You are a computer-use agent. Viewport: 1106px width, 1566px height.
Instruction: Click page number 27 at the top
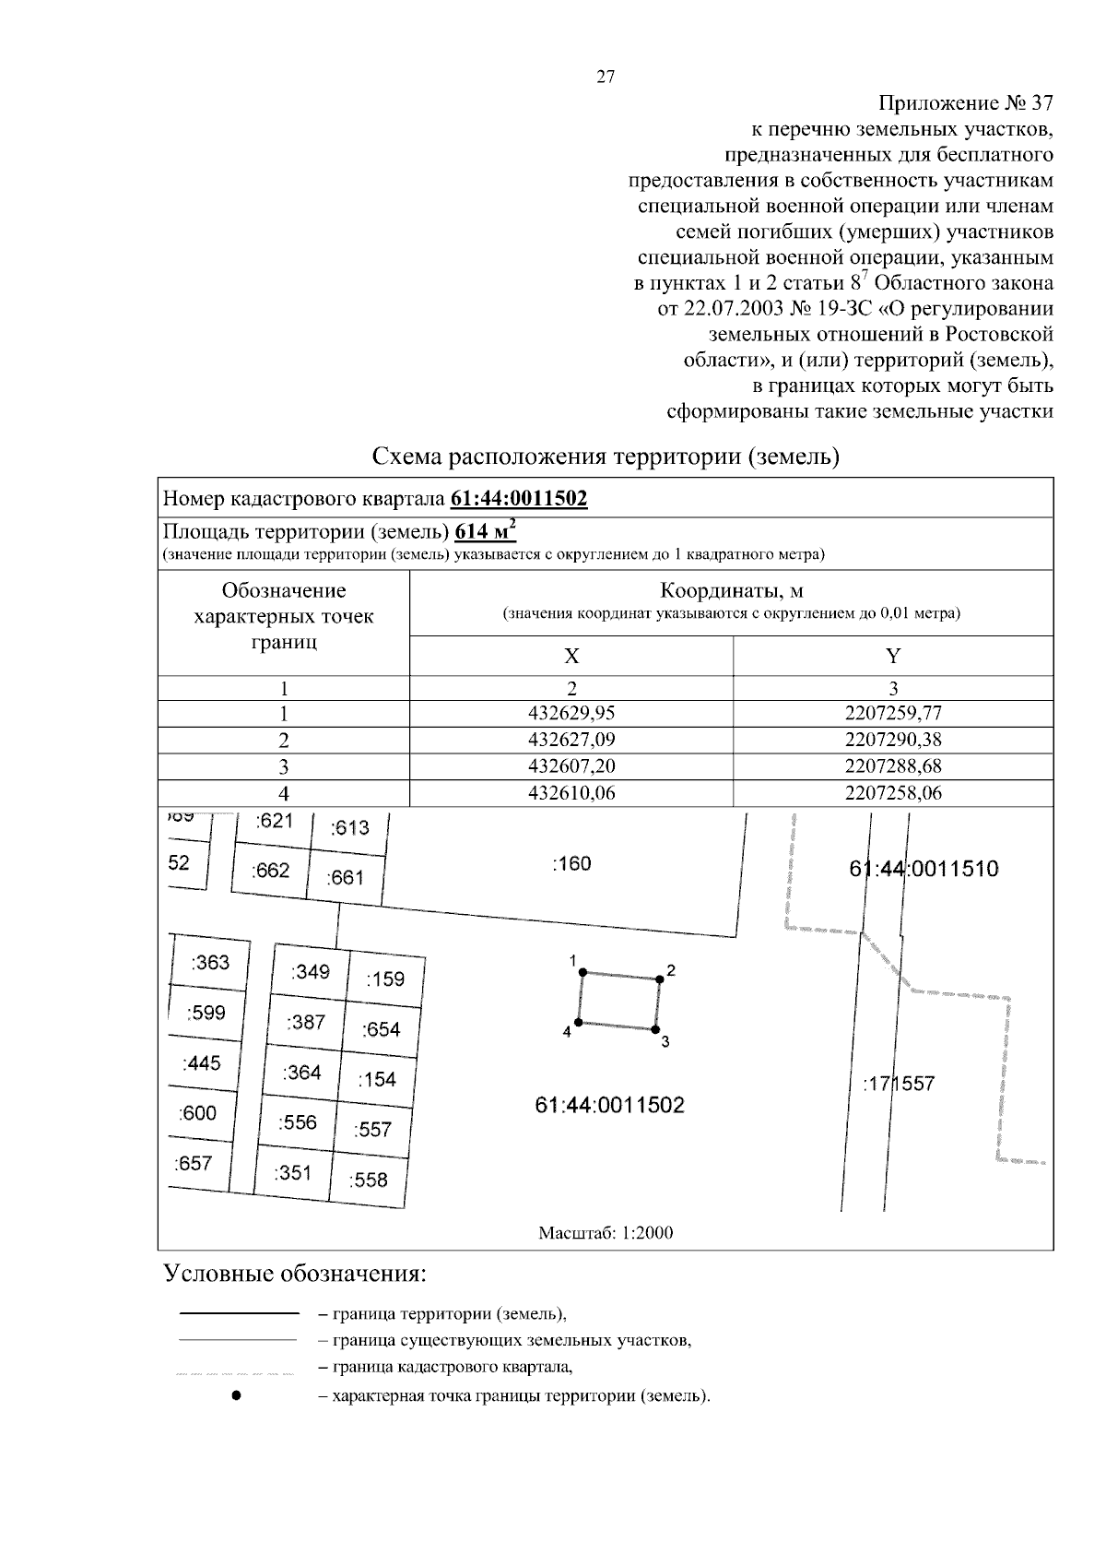pyautogui.click(x=606, y=77)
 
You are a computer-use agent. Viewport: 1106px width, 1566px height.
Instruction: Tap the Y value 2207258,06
pyautogui.click(x=892, y=792)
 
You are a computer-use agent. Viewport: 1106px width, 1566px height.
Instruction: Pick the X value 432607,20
pyautogui.click(x=571, y=766)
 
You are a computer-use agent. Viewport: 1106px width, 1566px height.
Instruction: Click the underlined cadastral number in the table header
pyautogui.click(x=519, y=499)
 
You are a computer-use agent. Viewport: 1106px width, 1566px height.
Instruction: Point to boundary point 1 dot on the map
pyautogui.click(x=582, y=971)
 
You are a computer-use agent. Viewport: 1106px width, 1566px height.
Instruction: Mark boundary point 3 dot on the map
pyautogui.click(x=654, y=1028)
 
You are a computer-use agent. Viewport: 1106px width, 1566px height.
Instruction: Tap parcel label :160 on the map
pyautogui.click(x=571, y=864)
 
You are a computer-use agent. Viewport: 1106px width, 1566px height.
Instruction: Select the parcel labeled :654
pyautogui.click(x=381, y=1029)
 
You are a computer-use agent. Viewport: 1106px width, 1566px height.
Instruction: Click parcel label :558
pyautogui.click(x=369, y=1180)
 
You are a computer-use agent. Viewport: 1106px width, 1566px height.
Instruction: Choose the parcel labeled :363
pyautogui.click(x=210, y=963)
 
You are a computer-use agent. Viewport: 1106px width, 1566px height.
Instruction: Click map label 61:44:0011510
pyautogui.click(x=924, y=868)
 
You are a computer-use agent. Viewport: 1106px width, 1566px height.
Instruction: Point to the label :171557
pyautogui.click(x=899, y=1084)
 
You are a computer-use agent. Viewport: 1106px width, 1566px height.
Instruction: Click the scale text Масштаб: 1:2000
pyautogui.click(x=606, y=1233)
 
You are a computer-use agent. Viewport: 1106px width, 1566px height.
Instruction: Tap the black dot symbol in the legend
pyautogui.click(x=237, y=1395)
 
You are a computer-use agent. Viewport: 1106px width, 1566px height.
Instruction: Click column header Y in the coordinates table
pyautogui.click(x=892, y=656)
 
